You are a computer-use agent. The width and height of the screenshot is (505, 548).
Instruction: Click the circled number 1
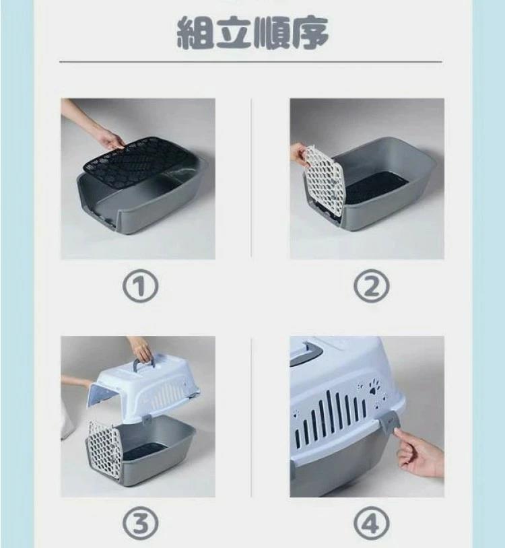(x=141, y=286)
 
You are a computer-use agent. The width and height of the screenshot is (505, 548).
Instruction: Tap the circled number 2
(x=371, y=286)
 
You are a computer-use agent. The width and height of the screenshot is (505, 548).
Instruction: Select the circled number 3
(x=141, y=524)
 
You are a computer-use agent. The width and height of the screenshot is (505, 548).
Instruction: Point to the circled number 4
(x=371, y=524)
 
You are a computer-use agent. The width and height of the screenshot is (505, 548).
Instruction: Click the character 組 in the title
(x=195, y=33)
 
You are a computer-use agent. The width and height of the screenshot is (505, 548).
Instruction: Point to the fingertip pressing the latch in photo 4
(x=397, y=433)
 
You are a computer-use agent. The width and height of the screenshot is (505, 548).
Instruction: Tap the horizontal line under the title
(x=250, y=62)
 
